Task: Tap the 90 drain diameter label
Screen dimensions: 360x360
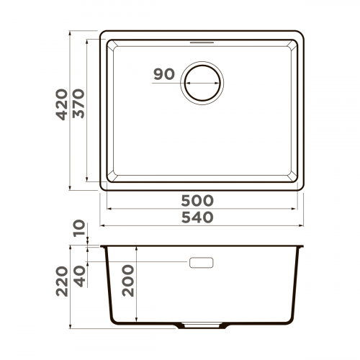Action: pos(164,74)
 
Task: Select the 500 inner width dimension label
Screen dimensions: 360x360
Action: pos(197,200)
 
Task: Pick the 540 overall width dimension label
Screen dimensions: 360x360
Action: pos(197,217)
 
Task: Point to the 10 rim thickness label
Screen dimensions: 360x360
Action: pos(78,230)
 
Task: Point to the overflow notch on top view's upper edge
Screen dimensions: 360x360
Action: pos(203,42)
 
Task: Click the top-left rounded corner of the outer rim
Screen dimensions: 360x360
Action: pos(102,35)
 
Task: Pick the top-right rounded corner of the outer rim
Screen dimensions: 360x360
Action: pos(301,35)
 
